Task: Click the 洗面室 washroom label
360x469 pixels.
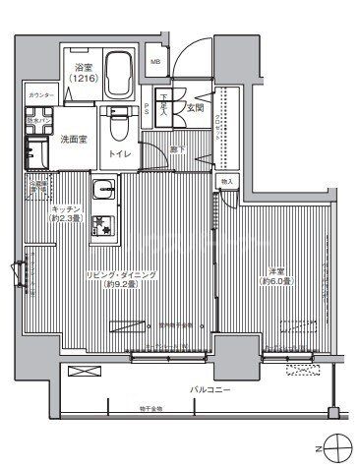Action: coord(72,140)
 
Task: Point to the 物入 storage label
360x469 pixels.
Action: coord(227,183)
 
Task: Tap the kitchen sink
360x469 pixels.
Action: coord(104,189)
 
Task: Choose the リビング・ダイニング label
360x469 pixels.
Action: coord(125,274)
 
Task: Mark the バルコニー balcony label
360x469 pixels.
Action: coord(210,390)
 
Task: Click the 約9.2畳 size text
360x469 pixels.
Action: coord(126,285)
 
